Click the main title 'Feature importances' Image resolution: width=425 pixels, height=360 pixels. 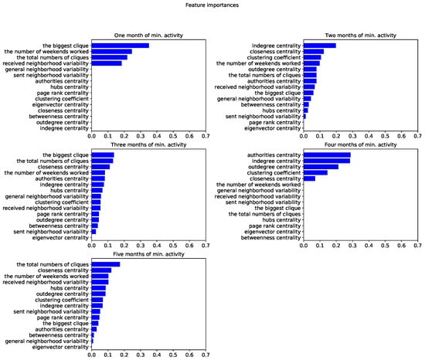coord(212,5)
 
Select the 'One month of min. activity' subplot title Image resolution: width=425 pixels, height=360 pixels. coord(148,36)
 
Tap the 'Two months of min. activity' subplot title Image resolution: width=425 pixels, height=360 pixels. coord(359,36)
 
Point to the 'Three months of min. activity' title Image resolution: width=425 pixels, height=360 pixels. coord(148,147)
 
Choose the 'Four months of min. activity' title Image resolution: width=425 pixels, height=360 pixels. coord(359,147)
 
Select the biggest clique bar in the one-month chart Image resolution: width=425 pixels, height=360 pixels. coord(121,46)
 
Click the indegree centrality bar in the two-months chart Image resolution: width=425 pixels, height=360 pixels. coord(319,46)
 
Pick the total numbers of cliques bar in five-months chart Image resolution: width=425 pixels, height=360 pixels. coord(106,264)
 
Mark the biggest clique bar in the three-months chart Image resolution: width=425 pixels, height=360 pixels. coord(103,156)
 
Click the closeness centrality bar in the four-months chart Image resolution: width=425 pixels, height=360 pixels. coord(309,178)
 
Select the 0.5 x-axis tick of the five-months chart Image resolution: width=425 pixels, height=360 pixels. coord(173,356)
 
